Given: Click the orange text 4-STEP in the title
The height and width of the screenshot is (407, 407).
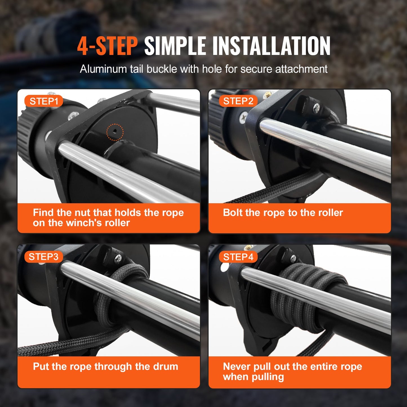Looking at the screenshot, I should (107, 46).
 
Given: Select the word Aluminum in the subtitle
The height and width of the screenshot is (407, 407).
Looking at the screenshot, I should (103, 69).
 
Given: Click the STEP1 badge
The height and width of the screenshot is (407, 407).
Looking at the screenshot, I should (44, 101).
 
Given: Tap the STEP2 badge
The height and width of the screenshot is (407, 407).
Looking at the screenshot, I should (238, 101).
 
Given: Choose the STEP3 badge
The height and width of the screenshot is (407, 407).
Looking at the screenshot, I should (43, 257).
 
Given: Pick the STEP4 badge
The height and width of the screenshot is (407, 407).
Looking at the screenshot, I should (238, 257).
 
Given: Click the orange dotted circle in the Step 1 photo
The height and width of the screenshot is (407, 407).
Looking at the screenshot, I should (115, 132).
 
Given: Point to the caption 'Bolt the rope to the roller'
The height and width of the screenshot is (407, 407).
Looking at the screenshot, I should (283, 213).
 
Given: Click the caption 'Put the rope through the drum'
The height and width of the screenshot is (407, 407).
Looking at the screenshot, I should (105, 366).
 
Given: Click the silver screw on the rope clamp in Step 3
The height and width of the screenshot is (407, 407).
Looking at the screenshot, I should (119, 257).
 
